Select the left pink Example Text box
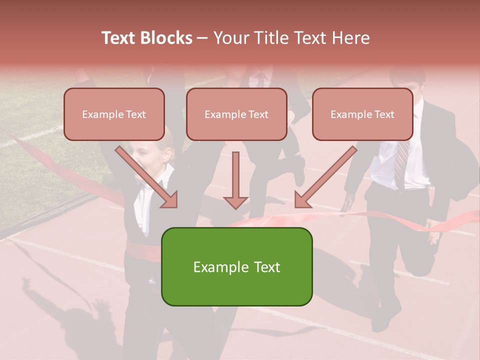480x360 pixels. click(x=114, y=114)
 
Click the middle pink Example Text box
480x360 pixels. click(x=236, y=114)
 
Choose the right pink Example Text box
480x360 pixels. click(x=362, y=114)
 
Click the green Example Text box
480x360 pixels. click(x=236, y=266)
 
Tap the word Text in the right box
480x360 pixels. click(x=384, y=114)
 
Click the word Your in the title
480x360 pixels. click(x=230, y=38)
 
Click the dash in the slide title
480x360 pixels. click(x=203, y=38)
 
